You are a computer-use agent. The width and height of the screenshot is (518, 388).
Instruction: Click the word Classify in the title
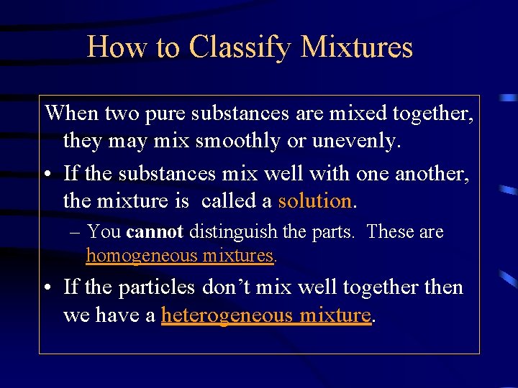click(x=240, y=47)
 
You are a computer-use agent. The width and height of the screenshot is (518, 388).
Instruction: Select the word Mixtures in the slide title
click(x=357, y=47)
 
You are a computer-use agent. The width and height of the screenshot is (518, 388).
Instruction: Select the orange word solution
click(x=315, y=201)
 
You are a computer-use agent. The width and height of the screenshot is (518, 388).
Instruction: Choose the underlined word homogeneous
click(x=141, y=255)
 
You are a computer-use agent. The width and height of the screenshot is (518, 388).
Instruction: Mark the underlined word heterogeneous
click(x=227, y=315)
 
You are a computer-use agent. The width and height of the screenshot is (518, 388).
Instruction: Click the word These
click(x=390, y=232)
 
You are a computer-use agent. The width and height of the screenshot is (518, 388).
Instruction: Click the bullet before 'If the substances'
click(x=47, y=173)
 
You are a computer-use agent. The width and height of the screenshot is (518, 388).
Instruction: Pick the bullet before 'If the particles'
click(x=47, y=288)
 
